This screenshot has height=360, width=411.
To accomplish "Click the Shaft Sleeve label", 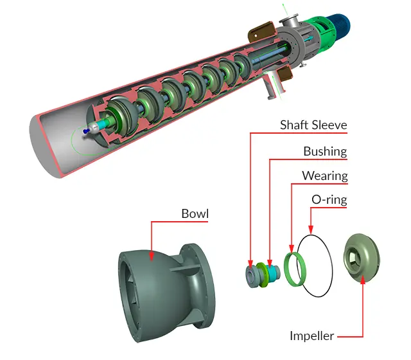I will (x=313, y=125).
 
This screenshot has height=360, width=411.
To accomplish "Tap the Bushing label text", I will (x=325, y=152).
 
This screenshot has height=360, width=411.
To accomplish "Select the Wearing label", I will (x=324, y=175).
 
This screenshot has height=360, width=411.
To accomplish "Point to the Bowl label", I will (x=195, y=213).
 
